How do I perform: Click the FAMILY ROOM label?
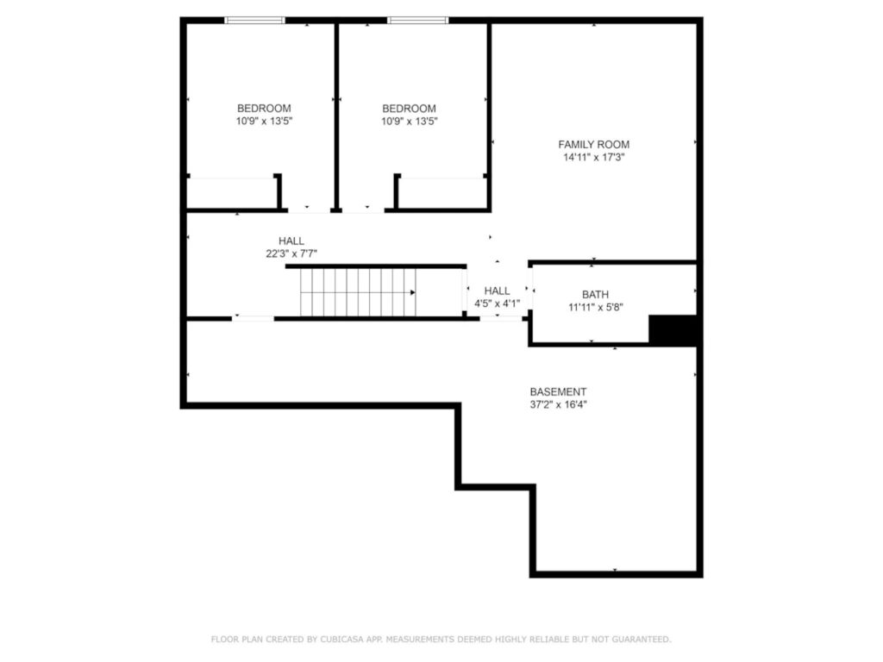tap(593, 145)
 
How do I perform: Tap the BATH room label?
tap(594, 295)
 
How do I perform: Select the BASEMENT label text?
tap(558, 391)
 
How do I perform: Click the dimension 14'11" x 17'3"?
tap(593, 158)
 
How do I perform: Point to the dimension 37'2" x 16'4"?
tap(558, 404)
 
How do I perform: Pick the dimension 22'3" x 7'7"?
tap(291, 254)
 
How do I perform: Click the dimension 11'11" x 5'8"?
tap(594, 308)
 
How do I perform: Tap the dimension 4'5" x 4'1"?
tap(497, 303)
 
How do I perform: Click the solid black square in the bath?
tap(672, 330)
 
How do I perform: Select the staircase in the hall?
tap(357, 292)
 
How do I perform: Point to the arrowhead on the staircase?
tap(413, 292)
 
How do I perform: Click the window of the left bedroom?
tap(254, 20)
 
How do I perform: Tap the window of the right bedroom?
tap(417, 20)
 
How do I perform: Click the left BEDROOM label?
tap(264, 109)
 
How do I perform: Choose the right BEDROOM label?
tap(409, 109)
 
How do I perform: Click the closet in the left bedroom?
tap(231, 192)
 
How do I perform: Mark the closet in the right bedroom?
tap(441, 192)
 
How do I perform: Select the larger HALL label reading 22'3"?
tap(291, 241)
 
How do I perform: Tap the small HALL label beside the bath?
tap(497, 291)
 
